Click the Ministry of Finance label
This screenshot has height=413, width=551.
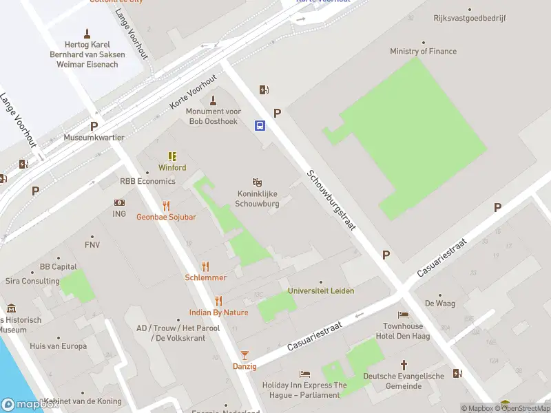tap(423, 52)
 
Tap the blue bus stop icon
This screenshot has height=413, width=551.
tap(260, 125)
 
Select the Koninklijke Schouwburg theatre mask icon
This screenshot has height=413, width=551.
tap(257, 182)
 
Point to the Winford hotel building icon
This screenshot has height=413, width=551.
tap(172, 157)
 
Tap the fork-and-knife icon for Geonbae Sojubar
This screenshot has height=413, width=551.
tap(166, 206)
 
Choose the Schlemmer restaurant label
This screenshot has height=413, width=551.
tap(205, 277)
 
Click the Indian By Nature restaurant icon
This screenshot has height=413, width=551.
tap(218, 301)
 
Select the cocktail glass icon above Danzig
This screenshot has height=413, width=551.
tap(244, 355)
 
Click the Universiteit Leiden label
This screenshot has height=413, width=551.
tap(321, 290)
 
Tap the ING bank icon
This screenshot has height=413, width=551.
tap(119, 203)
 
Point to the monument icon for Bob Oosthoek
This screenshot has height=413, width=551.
tap(213, 100)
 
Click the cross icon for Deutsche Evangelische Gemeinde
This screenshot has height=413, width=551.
tap(404, 364)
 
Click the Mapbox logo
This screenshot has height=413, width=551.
tap(29, 405)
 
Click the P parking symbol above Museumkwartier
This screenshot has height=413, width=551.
tap(94, 126)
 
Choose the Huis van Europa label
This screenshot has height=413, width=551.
tap(59, 346)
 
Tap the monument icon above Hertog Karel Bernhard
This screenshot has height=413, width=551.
tap(87, 33)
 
